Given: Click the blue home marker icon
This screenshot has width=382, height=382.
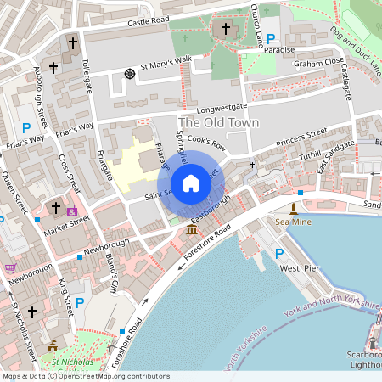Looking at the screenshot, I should click(191, 183).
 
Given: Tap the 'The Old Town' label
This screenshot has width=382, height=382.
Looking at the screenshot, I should click(218, 122).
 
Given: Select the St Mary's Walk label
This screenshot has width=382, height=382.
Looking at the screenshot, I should click(166, 64).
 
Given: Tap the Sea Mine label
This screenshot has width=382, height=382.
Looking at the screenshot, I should click(294, 222).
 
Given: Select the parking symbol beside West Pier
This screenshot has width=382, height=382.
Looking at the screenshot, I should click(279, 253).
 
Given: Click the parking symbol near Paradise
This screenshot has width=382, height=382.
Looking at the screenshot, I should click(271, 38).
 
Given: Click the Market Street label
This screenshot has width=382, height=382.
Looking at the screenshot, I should click(67, 223).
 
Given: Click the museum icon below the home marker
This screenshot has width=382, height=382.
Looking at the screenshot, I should click(191, 230).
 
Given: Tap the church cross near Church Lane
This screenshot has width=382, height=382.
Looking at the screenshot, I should click(226, 30).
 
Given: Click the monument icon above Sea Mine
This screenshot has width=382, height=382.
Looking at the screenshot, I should click(294, 208).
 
